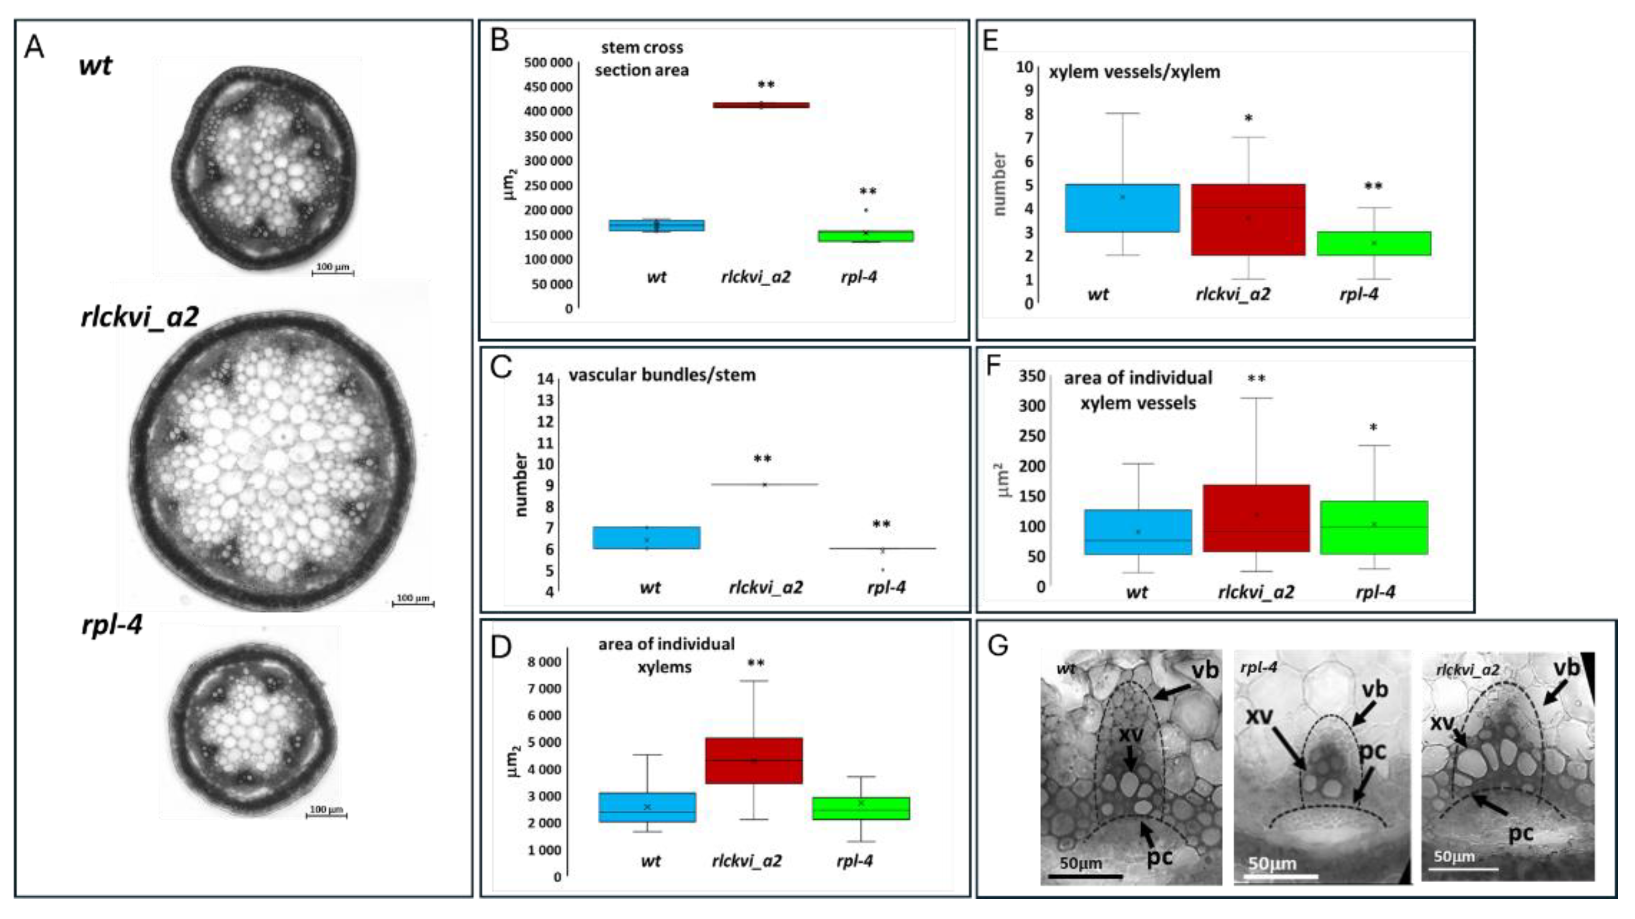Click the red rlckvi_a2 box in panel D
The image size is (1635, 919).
click(x=754, y=760)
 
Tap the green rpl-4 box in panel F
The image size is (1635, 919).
click(x=1373, y=527)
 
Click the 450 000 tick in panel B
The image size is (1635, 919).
click(x=548, y=87)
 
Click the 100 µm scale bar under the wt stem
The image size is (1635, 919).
click(x=332, y=272)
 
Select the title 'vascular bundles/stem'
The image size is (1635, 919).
click(x=661, y=375)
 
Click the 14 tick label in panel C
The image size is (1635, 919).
click(x=545, y=379)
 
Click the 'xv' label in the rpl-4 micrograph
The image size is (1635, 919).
click(x=1259, y=716)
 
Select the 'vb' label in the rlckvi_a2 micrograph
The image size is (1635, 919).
click(x=1566, y=669)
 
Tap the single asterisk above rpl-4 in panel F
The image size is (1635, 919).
click(x=1373, y=429)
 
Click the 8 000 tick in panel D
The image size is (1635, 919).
click(x=545, y=662)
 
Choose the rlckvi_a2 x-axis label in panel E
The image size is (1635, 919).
click(x=1233, y=295)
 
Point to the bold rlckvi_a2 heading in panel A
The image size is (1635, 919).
click(x=140, y=317)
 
